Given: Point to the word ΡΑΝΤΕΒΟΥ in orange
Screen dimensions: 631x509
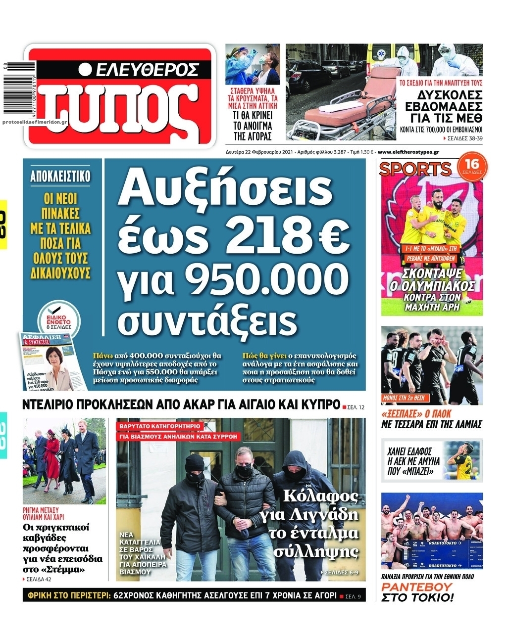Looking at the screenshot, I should coord(410,587).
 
